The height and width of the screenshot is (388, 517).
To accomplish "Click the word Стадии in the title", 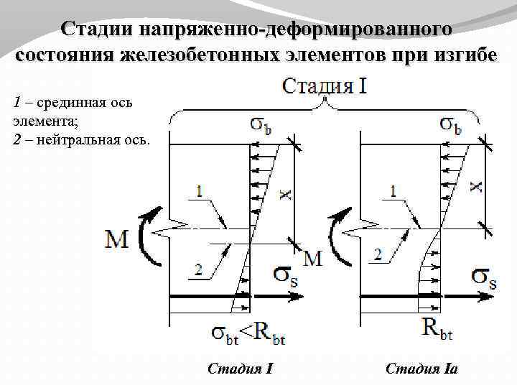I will pyautogui.click(x=100, y=29).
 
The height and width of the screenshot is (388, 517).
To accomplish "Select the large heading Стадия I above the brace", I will pyautogui.click(x=325, y=87).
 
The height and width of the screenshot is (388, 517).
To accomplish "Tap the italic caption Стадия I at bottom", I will pyautogui.click(x=240, y=370).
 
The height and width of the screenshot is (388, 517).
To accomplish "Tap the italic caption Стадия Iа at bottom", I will pyautogui.click(x=421, y=370).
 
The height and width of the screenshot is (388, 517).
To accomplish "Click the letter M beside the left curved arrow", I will pyautogui.click(x=116, y=239).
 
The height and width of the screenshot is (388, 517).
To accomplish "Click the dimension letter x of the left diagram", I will pyautogui.click(x=286, y=193).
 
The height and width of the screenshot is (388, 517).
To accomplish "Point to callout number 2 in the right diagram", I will pyautogui.click(x=378, y=254).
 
